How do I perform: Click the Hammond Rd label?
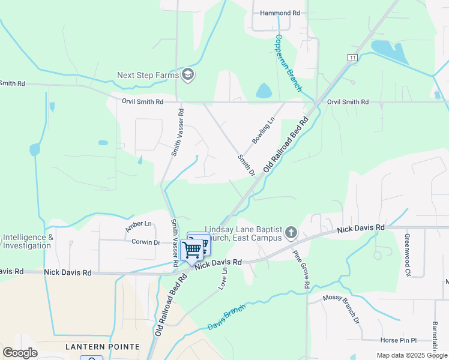coord(280,13)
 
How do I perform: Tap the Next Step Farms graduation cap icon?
coord(188,75)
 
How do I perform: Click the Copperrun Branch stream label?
coord(288,62)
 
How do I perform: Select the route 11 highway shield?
coord(352,57)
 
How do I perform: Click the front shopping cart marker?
coord(192,249)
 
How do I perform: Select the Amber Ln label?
coord(139,227)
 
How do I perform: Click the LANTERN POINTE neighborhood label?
coord(103,347)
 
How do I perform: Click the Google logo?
coord(20,353)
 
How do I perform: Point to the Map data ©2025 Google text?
coord(411,355)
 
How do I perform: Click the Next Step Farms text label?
coord(148,76)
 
